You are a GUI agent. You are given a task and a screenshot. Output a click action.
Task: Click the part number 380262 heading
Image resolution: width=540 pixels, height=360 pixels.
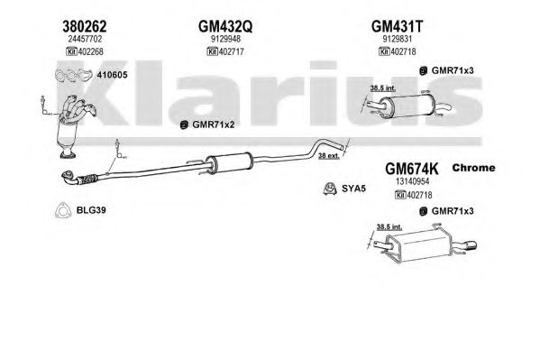pyautogui.click(x=85, y=26)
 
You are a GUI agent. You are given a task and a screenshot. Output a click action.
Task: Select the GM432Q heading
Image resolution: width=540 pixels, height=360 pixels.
pyautogui.click(x=225, y=26)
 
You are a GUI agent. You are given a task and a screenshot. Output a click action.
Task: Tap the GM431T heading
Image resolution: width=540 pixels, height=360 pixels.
pyautogui.click(x=397, y=26)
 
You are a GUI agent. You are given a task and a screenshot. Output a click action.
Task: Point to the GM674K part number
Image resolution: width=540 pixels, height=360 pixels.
pyautogui.click(x=412, y=169)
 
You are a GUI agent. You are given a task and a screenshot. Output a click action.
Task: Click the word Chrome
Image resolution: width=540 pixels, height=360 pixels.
pyautogui.click(x=473, y=168)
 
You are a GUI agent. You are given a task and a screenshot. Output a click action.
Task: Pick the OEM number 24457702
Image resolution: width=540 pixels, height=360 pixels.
pyautogui.click(x=85, y=39)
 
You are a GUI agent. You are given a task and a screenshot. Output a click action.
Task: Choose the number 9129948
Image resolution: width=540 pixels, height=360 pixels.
pyautogui.click(x=225, y=39)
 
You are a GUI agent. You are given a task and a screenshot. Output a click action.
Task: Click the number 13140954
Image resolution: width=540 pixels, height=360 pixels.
pyautogui.click(x=412, y=181)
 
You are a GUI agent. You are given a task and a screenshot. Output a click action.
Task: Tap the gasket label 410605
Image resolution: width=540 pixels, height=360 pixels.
pyautogui.click(x=113, y=75)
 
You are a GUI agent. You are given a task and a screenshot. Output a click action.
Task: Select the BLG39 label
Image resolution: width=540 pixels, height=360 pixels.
pyautogui.click(x=91, y=210)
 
